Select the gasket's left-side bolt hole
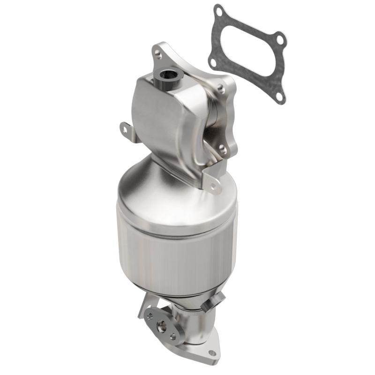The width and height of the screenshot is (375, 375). pos(212,62)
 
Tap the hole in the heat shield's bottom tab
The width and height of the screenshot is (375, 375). pos(214,187)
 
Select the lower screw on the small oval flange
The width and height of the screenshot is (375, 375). pos(172,336)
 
